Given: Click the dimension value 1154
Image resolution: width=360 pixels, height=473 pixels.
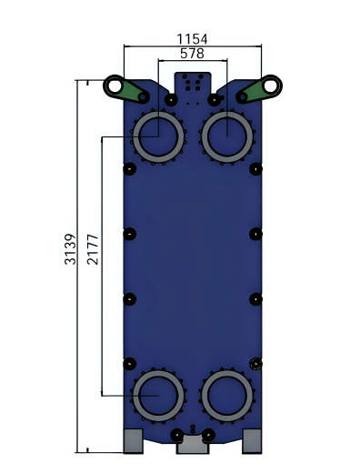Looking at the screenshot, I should pos(192,38).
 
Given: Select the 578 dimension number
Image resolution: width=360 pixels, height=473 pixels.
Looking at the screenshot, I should pos(192,54).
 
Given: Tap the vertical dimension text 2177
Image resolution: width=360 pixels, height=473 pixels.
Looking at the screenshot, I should pos(92,249).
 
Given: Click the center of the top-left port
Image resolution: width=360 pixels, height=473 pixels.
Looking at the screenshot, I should pos(158,137).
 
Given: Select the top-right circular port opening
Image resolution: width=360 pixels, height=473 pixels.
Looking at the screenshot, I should pos(226,137).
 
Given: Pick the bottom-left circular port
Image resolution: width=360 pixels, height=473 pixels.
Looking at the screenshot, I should pos(158,397).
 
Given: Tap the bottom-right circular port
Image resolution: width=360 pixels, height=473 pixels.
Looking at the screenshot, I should pos(226,397).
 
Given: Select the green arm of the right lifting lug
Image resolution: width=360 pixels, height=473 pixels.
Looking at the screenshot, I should pos(249,92).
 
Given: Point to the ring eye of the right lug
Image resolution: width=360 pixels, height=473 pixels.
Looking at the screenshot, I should pos(271,86).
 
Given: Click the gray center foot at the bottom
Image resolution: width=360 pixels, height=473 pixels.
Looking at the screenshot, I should pos(192,445).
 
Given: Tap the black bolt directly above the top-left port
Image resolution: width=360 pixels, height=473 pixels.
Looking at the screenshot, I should pos(171,99).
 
